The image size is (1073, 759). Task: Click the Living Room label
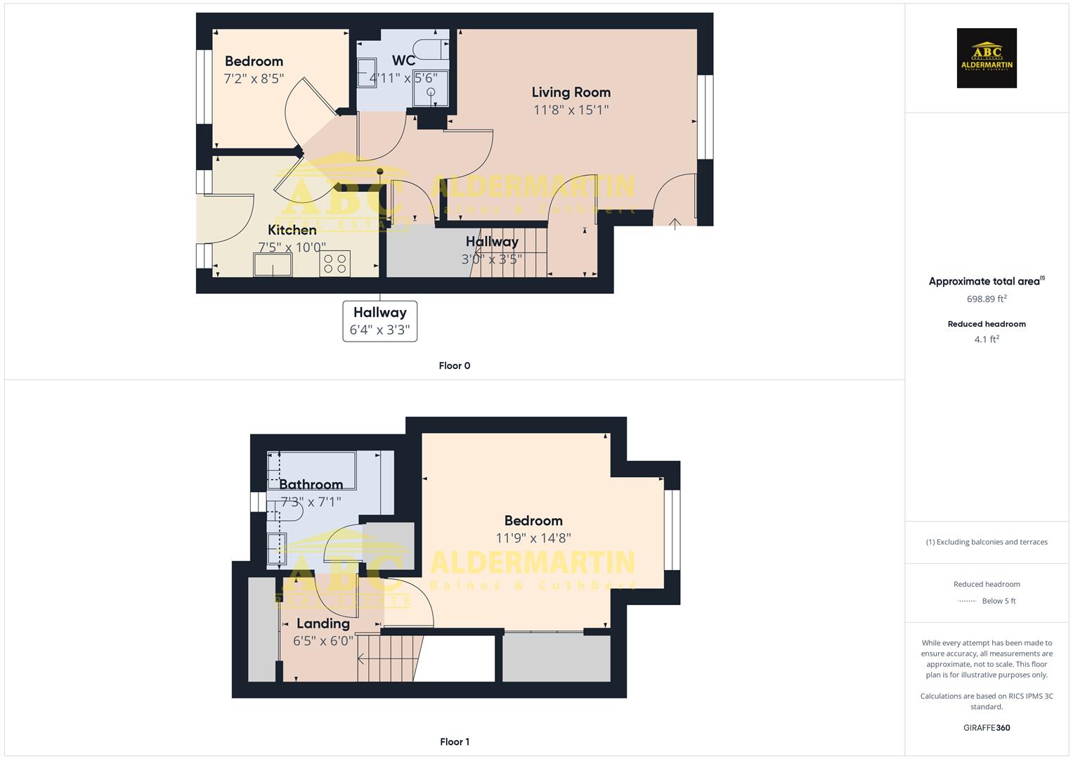coord(571,92)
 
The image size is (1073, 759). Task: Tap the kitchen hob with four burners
coord(334,264)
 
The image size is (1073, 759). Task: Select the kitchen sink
coord(273,264)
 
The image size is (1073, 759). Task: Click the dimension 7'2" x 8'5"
coord(254,79)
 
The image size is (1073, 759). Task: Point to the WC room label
coord(403,60)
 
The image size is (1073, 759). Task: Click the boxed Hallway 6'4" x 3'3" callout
coord(379,321)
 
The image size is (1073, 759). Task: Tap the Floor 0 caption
coord(454,365)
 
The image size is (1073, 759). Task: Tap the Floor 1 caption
coord(454,741)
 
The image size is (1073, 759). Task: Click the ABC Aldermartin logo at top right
coord(987,58)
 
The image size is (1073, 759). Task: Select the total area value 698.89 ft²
coord(987,299)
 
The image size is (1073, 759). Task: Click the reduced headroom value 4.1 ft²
coord(987,339)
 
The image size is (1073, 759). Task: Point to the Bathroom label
coord(311,484)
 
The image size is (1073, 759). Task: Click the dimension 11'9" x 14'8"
coord(533,538)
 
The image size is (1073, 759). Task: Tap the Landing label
coord(323,623)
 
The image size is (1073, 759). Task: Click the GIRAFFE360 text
coord(987,727)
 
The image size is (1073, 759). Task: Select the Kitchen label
coord(292,230)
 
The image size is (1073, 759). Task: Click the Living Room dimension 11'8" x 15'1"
coord(571,110)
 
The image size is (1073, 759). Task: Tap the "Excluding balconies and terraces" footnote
coord(987,542)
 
